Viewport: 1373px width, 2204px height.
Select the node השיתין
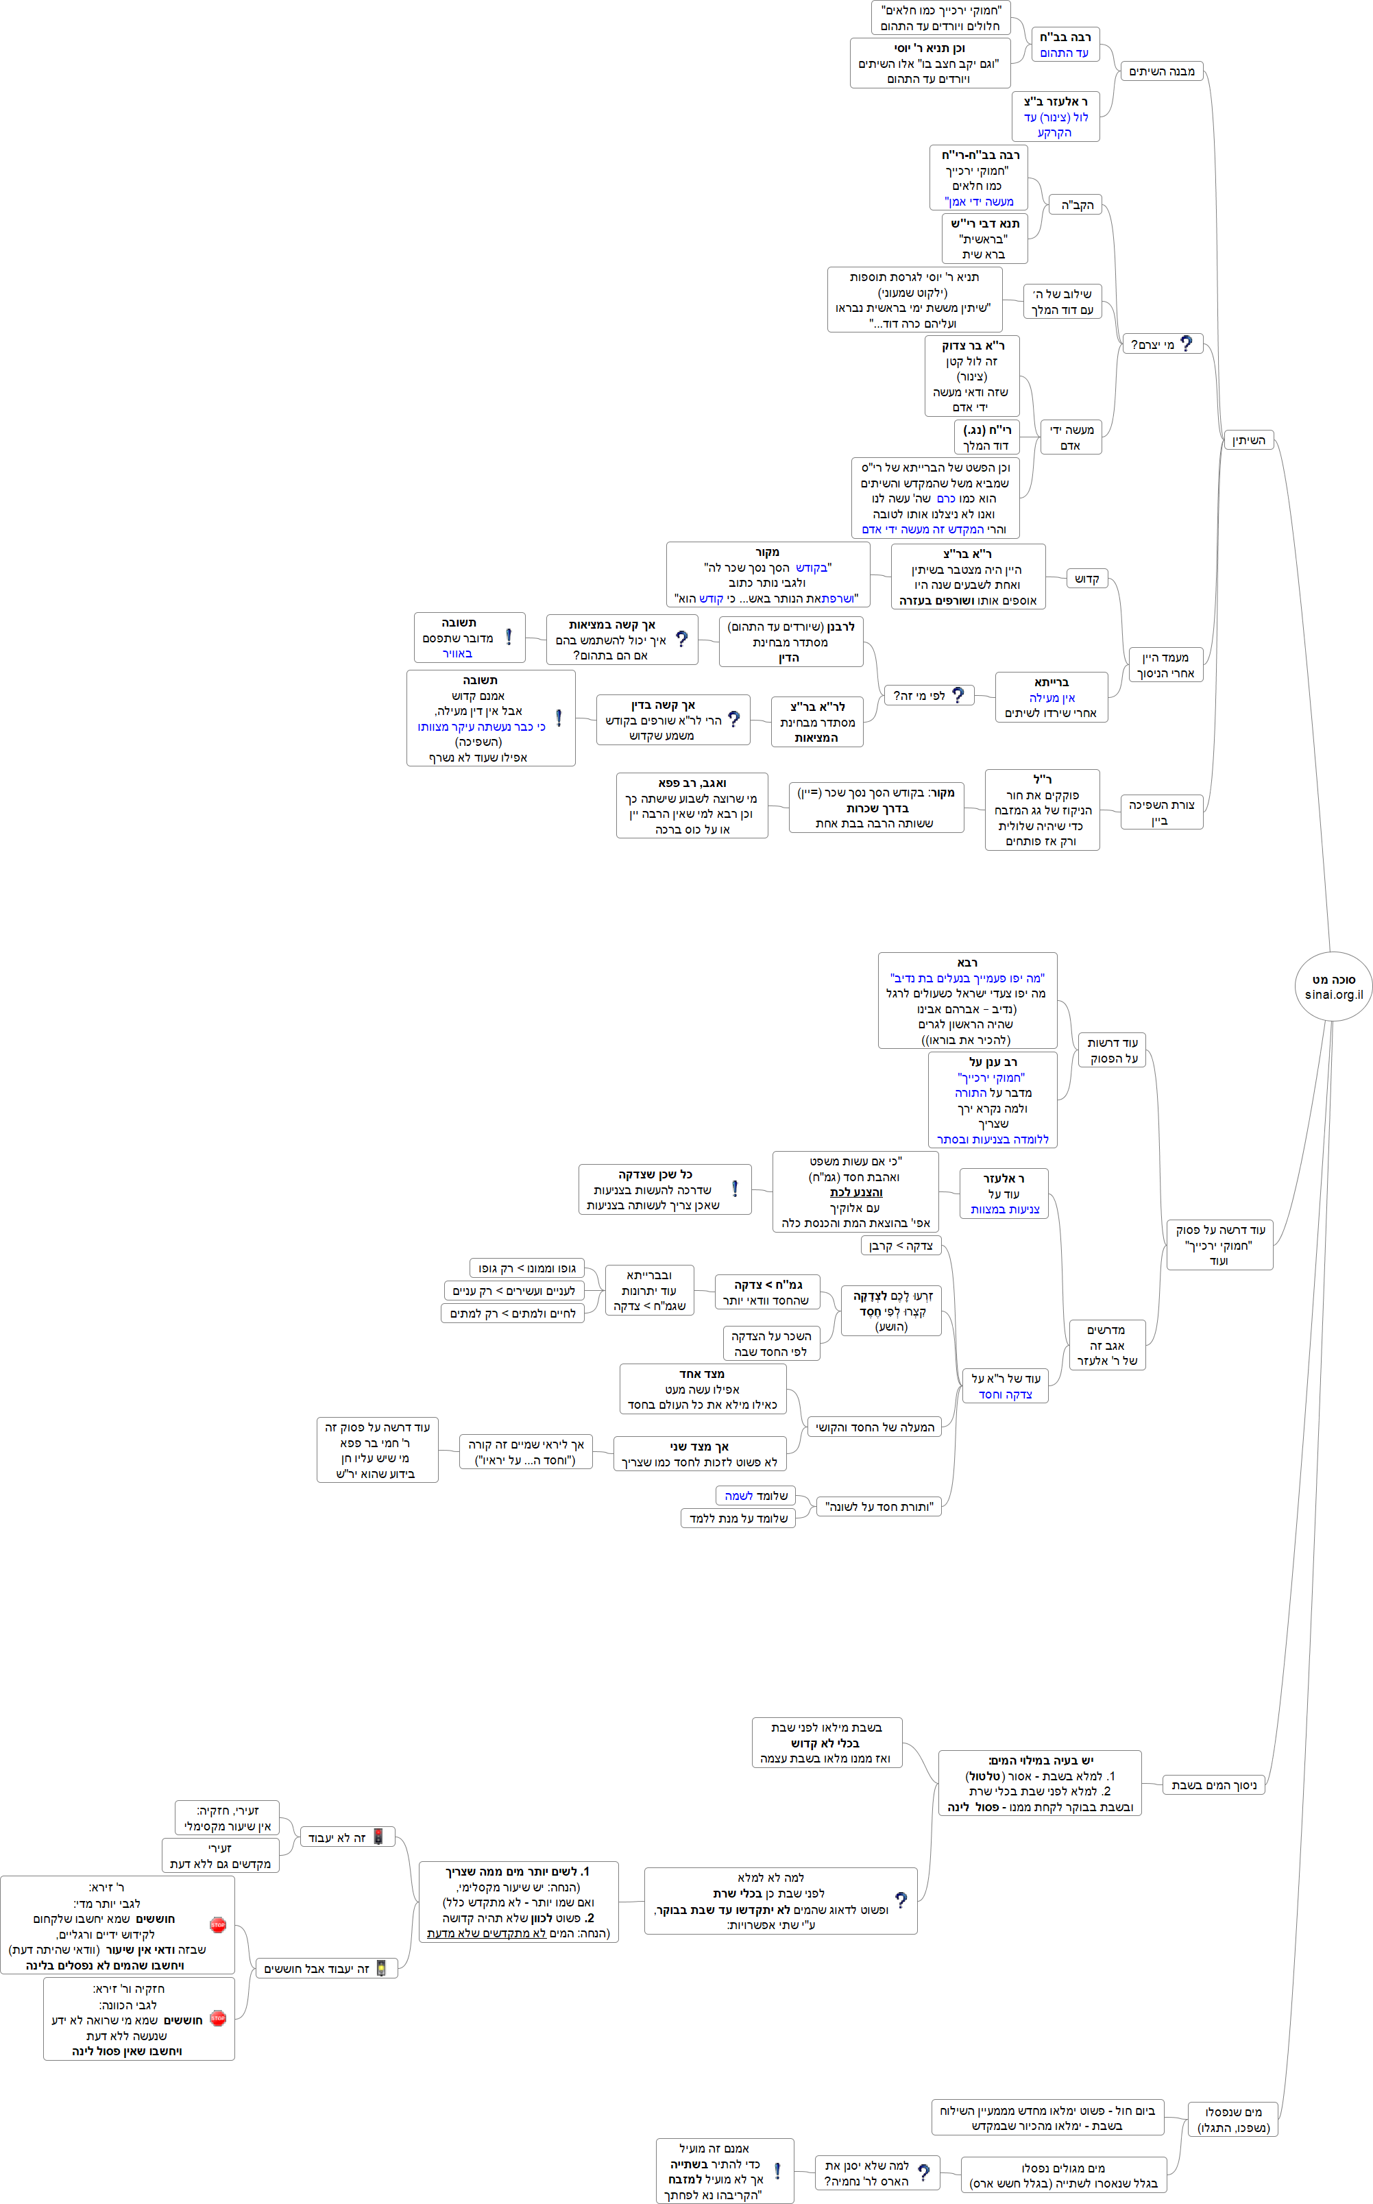click(x=1249, y=440)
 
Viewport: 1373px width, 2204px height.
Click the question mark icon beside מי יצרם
click(x=1186, y=343)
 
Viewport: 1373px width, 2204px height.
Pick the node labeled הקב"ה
click(x=1077, y=205)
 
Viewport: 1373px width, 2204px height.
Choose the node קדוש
click(x=1087, y=579)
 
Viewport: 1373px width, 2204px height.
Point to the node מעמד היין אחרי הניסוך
click(x=1165, y=665)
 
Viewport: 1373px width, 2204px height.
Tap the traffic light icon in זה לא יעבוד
click(x=378, y=1837)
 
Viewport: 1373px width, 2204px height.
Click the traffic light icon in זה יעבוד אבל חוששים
click(x=381, y=1968)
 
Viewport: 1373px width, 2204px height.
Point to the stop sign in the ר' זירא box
click(x=218, y=1924)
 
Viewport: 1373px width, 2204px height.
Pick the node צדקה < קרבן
click(x=901, y=1245)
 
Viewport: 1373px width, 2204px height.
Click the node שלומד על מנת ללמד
click(x=738, y=1518)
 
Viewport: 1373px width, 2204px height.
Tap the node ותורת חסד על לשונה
click(x=879, y=1507)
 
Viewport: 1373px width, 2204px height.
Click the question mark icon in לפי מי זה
click(x=957, y=694)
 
